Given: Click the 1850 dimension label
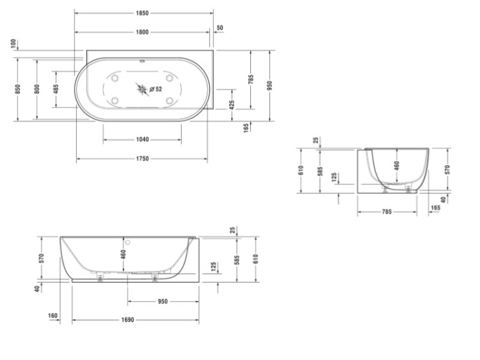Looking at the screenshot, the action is click(142, 13).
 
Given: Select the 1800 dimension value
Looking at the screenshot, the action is click(142, 32).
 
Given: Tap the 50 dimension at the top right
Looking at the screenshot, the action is click(220, 27).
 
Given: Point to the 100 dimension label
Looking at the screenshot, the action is click(13, 43).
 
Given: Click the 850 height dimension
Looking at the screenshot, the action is click(17, 89).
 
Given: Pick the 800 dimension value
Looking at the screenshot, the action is click(36, 89).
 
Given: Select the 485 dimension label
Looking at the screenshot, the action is click(56, 89).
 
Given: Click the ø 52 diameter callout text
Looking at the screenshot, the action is click(156, 90).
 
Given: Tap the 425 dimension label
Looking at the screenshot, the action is click(232, 105).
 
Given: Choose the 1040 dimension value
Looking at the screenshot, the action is click(142, 139).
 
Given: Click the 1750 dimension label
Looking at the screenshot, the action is click(142, 159).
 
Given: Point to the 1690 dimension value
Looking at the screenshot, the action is click(127, 320).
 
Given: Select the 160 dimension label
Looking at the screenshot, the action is click(52, 315).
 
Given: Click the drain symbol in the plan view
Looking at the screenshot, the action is click(142, 90).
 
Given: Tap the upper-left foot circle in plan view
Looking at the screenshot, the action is click(115, 78).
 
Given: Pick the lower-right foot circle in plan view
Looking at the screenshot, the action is click(170, 100).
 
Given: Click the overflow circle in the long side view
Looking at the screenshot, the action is click(127, 242).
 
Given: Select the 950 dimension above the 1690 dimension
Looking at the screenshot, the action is click(163, 302).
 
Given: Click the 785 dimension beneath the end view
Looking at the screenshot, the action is click(387, 212).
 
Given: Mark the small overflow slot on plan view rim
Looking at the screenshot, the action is click(141, 61).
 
